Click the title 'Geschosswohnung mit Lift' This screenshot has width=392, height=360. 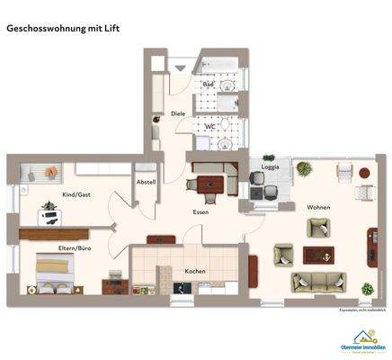point(63,28)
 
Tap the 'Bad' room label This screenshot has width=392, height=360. point(208,85)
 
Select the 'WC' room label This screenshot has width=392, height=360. point(209,127)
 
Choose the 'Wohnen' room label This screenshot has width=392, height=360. point(318,207)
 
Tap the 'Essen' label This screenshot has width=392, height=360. point(200,211)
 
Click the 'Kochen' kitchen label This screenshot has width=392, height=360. point(196,271)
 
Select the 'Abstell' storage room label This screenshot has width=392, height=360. point(145,182)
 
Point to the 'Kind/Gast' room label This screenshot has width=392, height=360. point(76,195)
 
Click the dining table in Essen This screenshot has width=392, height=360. point(208,185)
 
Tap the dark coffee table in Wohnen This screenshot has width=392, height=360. point(317,256)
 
